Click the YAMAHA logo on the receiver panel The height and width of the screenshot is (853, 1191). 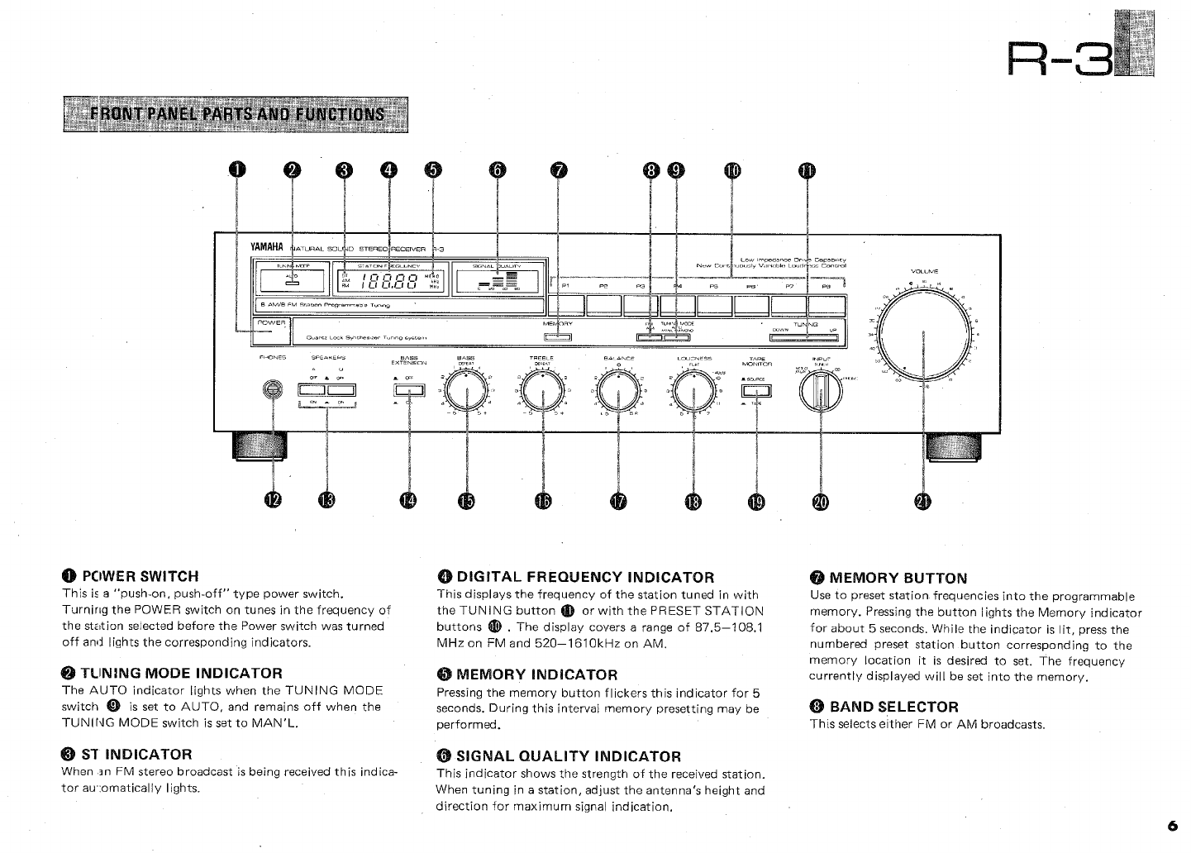tap(267, 247)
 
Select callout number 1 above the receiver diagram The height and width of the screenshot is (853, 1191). tap(237, 171)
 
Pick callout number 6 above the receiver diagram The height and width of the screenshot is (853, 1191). tap(496, 171)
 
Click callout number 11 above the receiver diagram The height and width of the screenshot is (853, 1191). tap(806, 171)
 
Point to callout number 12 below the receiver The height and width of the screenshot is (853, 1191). tap(273, 500)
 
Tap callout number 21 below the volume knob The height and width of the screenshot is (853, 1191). tap(922, 501)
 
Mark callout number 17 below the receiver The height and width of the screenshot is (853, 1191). tap(619, 501)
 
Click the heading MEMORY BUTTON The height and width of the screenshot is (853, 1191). tap(898, 578)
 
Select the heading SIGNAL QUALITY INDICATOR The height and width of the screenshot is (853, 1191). tap(569, 755)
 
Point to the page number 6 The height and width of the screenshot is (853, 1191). tap(1172, 826)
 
